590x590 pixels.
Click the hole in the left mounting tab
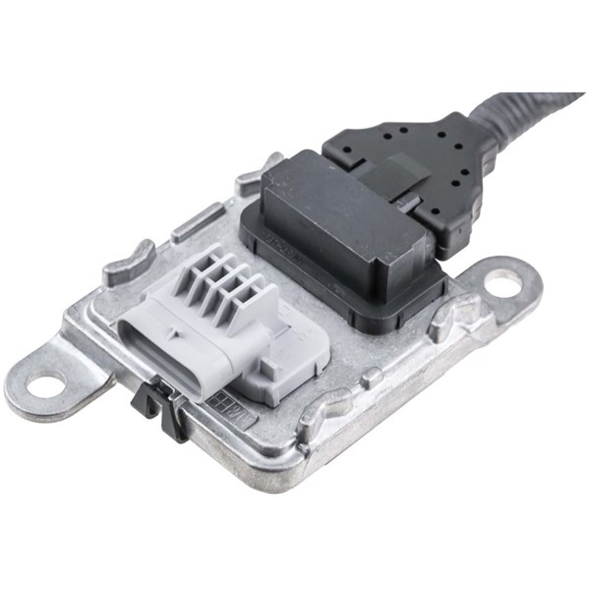coord(44,383)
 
